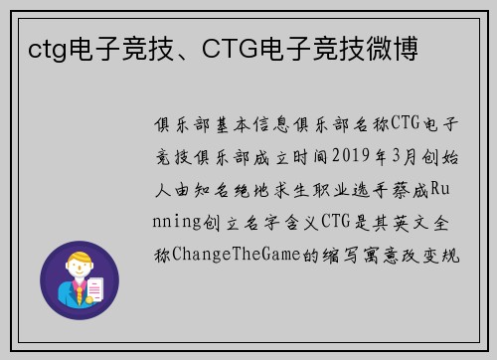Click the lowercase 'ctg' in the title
click(47, 47)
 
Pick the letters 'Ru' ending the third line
click(447, 189)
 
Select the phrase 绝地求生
click(270, 189)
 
